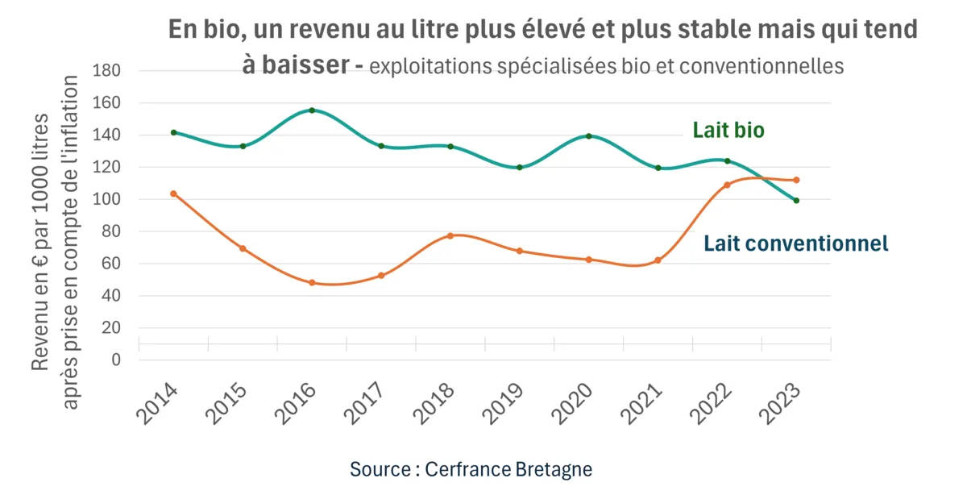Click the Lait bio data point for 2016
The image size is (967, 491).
point(312,110)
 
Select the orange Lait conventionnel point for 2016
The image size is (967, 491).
point(312,283)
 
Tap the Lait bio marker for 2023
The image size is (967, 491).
point(796,201)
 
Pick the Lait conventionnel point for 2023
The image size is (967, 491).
point(796,180)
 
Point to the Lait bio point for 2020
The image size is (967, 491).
point(589,136)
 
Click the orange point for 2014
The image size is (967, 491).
point(174,193)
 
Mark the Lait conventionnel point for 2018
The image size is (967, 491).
point(450,235)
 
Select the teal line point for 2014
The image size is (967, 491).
point(174,132)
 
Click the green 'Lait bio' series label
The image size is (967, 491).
point(728,131)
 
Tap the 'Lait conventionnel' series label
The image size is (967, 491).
point(796,243)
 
